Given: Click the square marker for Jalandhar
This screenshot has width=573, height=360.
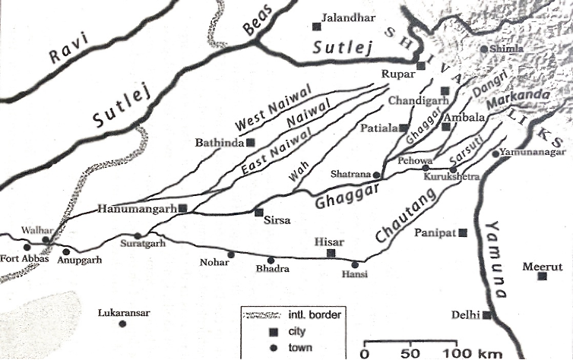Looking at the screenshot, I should click(316, 27).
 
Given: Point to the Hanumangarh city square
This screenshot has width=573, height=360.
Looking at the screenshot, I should click(182, 207).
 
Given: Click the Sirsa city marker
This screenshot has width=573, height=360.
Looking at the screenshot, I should click(258, 213).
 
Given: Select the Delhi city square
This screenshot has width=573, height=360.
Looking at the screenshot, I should click(486, 314).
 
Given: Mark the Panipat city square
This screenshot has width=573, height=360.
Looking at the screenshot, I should click(463, 232).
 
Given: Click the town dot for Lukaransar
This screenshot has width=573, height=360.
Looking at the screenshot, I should click(122, 324).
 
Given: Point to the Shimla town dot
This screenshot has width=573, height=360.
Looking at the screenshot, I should click(483, 50).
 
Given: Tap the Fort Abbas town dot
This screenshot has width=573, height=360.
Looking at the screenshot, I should click(27, 247).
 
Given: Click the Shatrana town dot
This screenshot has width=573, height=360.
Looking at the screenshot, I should click(375, 174).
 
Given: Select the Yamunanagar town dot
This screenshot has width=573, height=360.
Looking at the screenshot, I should click(495, 153).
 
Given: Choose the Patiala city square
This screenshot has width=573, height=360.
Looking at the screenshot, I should click(405, 128).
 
